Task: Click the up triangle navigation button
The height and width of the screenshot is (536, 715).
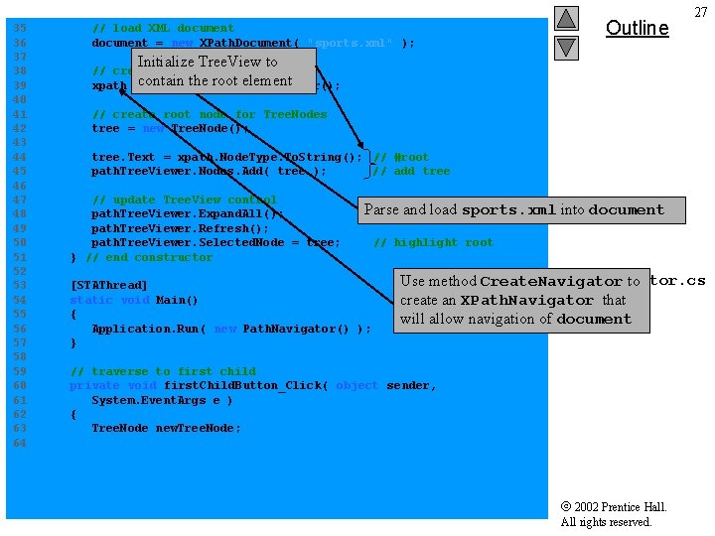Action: click(x=566, y=19)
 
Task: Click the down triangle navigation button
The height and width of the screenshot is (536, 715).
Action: click(x=566, y=47)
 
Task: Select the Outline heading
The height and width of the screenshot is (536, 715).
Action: click(x=637, y=28)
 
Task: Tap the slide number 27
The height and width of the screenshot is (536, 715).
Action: click(x=700, y=12)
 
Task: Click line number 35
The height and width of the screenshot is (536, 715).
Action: click(x=20, y=29)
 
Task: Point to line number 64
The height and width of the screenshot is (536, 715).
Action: click(x=20, y=443)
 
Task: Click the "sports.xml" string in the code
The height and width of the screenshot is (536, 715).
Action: click(x=350, y=43)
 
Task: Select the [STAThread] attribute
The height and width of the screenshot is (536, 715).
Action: click(x=108, y=286)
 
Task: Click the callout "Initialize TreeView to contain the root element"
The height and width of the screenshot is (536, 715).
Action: click(x=214, y=71)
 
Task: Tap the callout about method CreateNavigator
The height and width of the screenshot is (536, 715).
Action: click(x=520, y=300)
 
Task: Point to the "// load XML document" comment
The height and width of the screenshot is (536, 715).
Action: click(x=163, y=29)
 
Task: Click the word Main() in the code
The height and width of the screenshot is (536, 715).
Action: click(x=178, y=300)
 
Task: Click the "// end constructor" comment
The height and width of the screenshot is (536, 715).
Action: click(x=149, y=257)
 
